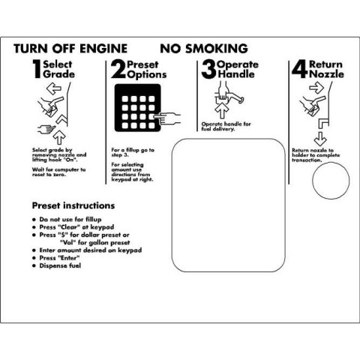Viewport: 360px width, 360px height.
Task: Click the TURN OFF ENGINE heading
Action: coord(70,49)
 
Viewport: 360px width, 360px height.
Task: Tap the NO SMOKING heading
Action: coord(204,49)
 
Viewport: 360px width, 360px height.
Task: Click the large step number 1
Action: coord(37,69)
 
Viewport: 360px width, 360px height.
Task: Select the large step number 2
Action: coord(118,69)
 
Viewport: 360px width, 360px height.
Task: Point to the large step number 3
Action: coord(208,69)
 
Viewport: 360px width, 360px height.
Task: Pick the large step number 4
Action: coord(300,69)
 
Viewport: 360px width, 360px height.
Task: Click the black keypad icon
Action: coord(137,108)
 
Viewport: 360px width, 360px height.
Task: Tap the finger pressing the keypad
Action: coord(167,118)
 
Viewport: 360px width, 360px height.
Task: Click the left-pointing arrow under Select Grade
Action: coord(54,88)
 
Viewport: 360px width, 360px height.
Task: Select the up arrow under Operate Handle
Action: coord(222,111)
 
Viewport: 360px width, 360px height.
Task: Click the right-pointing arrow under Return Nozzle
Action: coord(316,88)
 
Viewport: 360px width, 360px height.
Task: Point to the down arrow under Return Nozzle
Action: coord(320,139)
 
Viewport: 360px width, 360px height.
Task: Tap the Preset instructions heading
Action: coord(73,205)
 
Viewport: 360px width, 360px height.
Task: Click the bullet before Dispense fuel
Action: coord(34,265)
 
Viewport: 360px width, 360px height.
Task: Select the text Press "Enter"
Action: coord(59,258)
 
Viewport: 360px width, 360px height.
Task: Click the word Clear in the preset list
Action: coord(69,227)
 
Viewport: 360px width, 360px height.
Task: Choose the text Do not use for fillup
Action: coord(70,219)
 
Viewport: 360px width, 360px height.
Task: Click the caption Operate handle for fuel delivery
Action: coord(226,127)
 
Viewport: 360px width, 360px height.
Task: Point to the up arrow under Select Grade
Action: coord(59,137)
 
